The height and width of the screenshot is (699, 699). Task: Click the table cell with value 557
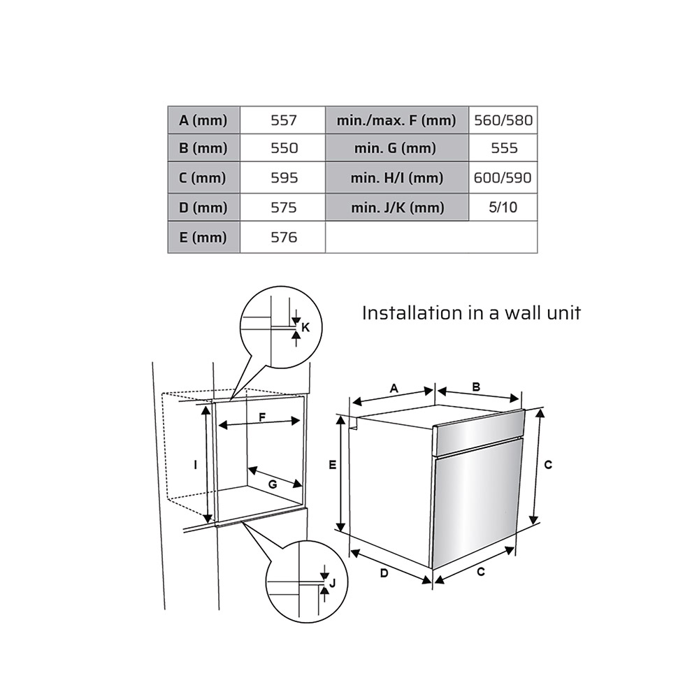tap(283, 120)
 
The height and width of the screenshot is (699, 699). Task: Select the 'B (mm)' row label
tap(203, 148)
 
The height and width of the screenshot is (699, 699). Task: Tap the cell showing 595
tap(283, 178)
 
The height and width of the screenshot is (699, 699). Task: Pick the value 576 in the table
tap(283, 237)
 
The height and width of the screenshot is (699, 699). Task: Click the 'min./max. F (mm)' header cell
tap(397, 120)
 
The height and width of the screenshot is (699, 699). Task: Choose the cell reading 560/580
tap(503, 120)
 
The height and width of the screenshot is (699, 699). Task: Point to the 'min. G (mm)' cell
tap(397, 148)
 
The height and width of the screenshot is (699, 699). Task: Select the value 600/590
tap(503, 178)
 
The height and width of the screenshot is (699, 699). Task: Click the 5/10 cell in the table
tap(503, 208)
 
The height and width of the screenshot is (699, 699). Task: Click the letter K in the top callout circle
tap(305, 328)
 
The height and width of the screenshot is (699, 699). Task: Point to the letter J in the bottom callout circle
tap(331, 583)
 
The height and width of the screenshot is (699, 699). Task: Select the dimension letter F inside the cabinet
tap(262, 417)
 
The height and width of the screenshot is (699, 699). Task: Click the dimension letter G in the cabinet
tap(273, 484)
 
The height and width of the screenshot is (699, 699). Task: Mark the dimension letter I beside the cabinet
tap(195, 465)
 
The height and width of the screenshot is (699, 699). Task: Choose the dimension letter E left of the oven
tap(333, 465)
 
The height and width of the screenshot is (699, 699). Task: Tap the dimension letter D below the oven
tap(384, 573)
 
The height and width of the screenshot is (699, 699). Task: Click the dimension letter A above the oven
tap(394, 389)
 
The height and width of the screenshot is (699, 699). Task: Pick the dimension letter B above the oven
tap(476, 387)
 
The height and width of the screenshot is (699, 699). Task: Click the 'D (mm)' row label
tap(203, 208)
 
